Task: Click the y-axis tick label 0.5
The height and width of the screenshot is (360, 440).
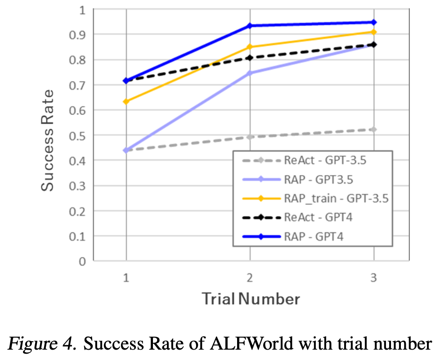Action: (79, 135)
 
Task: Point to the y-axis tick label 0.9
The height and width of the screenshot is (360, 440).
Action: (79, 35)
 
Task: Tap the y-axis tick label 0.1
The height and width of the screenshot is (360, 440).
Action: (79, 236)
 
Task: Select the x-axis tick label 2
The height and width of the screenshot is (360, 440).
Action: (250, 278)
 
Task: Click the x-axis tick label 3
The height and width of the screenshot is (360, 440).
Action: (374, 278)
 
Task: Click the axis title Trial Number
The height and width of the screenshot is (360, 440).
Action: (250, 299)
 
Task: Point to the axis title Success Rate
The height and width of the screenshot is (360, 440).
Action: (48, 140)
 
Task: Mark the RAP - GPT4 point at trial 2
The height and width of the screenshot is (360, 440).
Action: (250, 26)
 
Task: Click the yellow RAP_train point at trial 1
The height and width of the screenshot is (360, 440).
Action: (126, 102)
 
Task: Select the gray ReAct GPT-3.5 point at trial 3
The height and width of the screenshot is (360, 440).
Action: (374, 129)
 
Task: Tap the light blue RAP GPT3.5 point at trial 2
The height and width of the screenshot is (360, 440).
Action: (250, 73)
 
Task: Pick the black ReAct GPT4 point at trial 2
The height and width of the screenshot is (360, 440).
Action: (250, 58)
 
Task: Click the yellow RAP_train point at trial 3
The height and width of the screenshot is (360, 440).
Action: (374, 32)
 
